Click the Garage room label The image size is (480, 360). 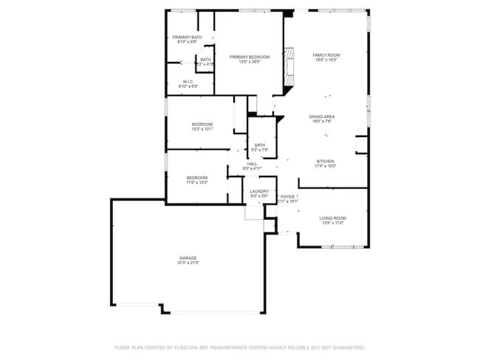tap(187, 257)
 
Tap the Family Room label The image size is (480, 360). tap(326, 55)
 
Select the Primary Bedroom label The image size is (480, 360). tap(249, 57)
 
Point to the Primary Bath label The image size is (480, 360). tap(187, 37)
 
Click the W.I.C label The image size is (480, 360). tap(188, 82)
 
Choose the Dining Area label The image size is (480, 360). tap(322, 117)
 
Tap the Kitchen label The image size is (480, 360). tap(326, 161)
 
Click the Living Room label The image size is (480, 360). tap(332, 218)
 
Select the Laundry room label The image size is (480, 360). tap(259, 191)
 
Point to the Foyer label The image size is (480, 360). tap(288, 196)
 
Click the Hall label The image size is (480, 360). tap(252, 164)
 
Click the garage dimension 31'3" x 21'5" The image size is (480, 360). tap(187, 263)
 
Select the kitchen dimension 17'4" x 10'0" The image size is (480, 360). tap(326, 166)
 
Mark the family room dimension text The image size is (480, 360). tap(326, 60)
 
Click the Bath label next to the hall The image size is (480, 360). tap(260, 145)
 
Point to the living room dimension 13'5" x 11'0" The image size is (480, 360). tap(332, 224)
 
